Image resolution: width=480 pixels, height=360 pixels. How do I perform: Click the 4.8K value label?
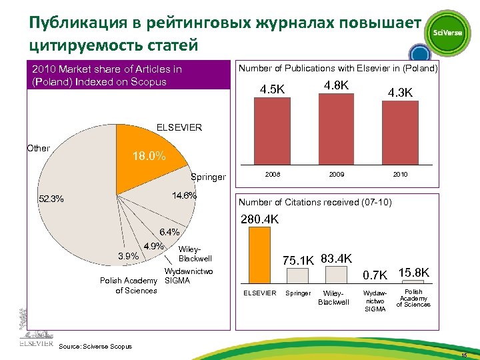tap(336, 85)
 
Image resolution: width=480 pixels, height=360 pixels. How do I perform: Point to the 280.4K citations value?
tap(260, 219)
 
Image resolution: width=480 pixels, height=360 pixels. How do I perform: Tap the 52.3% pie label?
tap(51, 199)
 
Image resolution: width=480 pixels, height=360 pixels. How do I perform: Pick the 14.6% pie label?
tap(184, 196)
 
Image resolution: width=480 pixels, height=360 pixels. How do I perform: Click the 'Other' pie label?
tap(38, 148)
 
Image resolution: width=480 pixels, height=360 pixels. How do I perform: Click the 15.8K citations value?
tap(413, 273)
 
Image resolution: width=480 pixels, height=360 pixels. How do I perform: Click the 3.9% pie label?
tap(127, 256)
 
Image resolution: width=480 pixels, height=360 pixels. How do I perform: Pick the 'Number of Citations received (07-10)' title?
tap(315, 202)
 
